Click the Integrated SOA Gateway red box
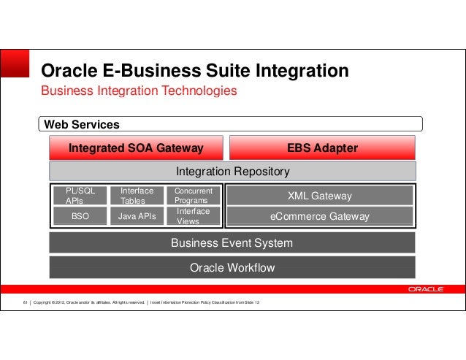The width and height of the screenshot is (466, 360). tap(136, 148)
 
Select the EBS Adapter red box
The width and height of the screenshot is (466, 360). tap(322, 148)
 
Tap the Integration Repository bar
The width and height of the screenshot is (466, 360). tap(232, 172)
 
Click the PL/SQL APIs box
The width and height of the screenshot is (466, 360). tap(80, 196)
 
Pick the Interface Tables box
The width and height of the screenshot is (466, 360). tap(137, 196)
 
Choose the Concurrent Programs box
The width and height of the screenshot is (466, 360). tap(194, 196)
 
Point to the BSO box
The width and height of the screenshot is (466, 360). tap(80, 216)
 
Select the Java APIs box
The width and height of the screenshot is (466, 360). tap(137, 216)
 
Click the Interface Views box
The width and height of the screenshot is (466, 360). tap(194, 216)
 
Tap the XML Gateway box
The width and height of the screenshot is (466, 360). tap(319, 196)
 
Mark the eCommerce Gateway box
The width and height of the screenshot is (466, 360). tap(319, 216)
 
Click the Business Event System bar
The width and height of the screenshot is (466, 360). tap(232, 243)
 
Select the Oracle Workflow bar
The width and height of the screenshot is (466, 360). tap(232, 267)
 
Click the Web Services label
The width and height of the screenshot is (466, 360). tap(82, 125)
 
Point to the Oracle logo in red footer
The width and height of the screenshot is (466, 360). tap(425, 289)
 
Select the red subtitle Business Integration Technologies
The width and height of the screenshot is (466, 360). tap(139, 91)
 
